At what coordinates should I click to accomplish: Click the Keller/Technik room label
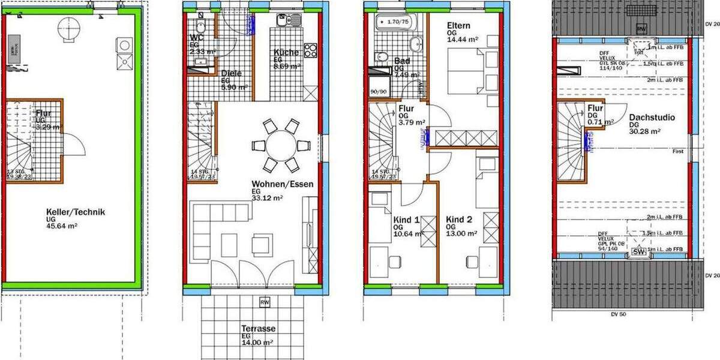76,211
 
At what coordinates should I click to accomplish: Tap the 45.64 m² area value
63,226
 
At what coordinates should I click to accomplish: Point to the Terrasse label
258,329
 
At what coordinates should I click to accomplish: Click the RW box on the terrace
265,302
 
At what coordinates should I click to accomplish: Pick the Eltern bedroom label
458,26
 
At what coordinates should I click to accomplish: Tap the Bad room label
401,61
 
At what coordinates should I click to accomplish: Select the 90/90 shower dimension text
378,92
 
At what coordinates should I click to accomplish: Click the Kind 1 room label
407,220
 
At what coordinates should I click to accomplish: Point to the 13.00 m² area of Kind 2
461,234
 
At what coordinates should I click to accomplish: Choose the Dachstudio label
652,118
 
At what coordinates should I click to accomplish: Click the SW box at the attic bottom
640,253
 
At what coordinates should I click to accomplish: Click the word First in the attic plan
678,151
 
